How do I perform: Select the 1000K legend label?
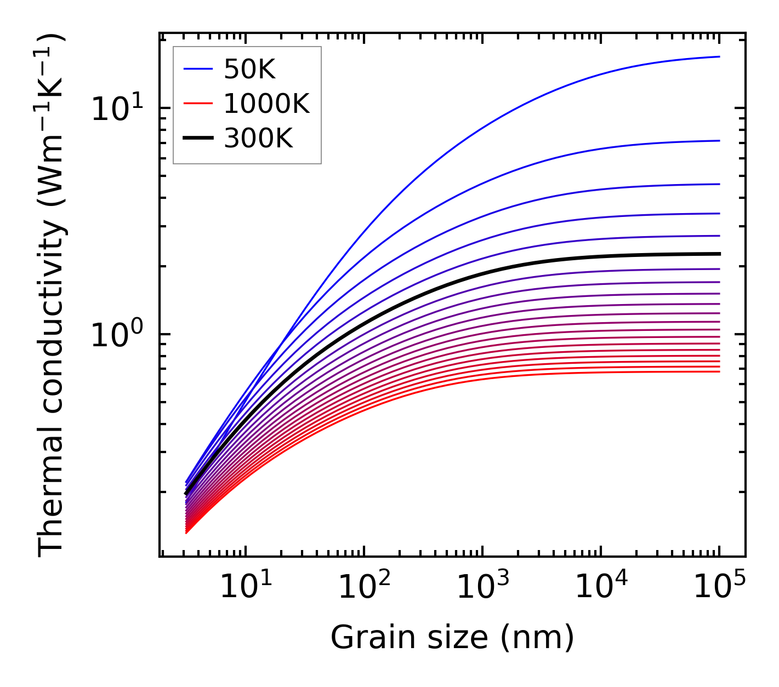(266, 104)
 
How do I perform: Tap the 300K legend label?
(258, 139)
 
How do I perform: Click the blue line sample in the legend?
(197, 69)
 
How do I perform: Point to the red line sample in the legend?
(197, 104)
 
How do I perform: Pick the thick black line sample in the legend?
(197, 139)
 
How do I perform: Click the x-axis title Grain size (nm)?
(452, 638)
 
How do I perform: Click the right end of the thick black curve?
(719, 254)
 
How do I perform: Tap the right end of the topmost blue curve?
(719, 56)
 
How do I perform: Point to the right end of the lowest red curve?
(719, 372)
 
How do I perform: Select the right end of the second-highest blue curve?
(719, 141)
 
